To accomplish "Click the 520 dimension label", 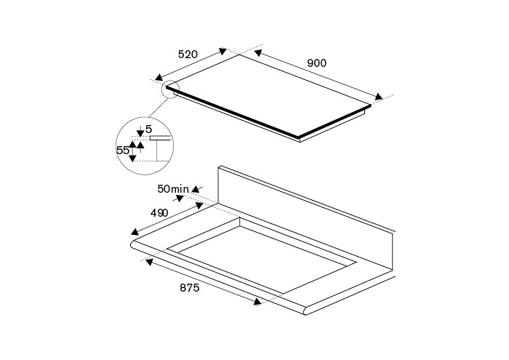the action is (x=188, y=55).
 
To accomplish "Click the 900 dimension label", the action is (x=316, y=63).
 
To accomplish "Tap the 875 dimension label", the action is (x=190, y=287).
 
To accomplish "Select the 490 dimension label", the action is (x=159, y=213).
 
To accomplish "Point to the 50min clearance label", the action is (x=173, y=188).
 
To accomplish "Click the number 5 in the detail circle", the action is (x=148, y=129).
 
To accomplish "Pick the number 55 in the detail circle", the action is (x=123, y=151).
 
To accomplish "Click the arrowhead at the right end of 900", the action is (x=379, y=97).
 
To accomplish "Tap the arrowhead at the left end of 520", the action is (x=159, y=77).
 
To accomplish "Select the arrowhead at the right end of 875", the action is (x=257, y=302).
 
